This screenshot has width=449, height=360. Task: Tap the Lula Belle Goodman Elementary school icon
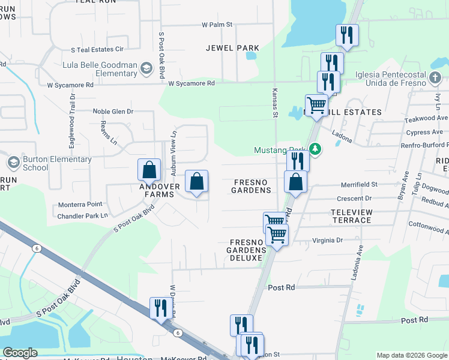(145, 70)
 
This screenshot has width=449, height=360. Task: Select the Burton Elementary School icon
(13, 163)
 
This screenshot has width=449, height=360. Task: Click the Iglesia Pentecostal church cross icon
(435, 78)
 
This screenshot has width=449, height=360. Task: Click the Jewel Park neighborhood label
(232, 48)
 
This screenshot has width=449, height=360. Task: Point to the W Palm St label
(217, 25)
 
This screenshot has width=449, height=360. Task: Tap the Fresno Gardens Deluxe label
(246, 250)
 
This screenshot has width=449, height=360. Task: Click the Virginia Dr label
(327, 240)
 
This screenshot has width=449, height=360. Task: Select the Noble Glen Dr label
(112, 112)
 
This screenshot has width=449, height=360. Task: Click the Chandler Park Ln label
(83, 215)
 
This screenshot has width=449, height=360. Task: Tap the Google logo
(20, 353)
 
